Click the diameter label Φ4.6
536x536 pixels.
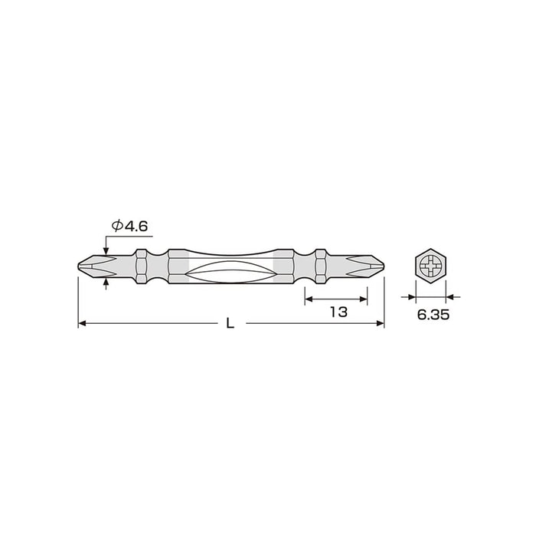(130, 226)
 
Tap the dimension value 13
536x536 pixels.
(339, 312)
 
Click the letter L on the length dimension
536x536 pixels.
(230, 324)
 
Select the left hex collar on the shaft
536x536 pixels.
(142, 266)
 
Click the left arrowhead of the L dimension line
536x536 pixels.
(83, 324)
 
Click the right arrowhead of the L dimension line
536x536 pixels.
(379, 324)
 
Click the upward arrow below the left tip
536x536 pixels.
(106, 283)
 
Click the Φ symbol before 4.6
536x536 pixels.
(118, 226)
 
